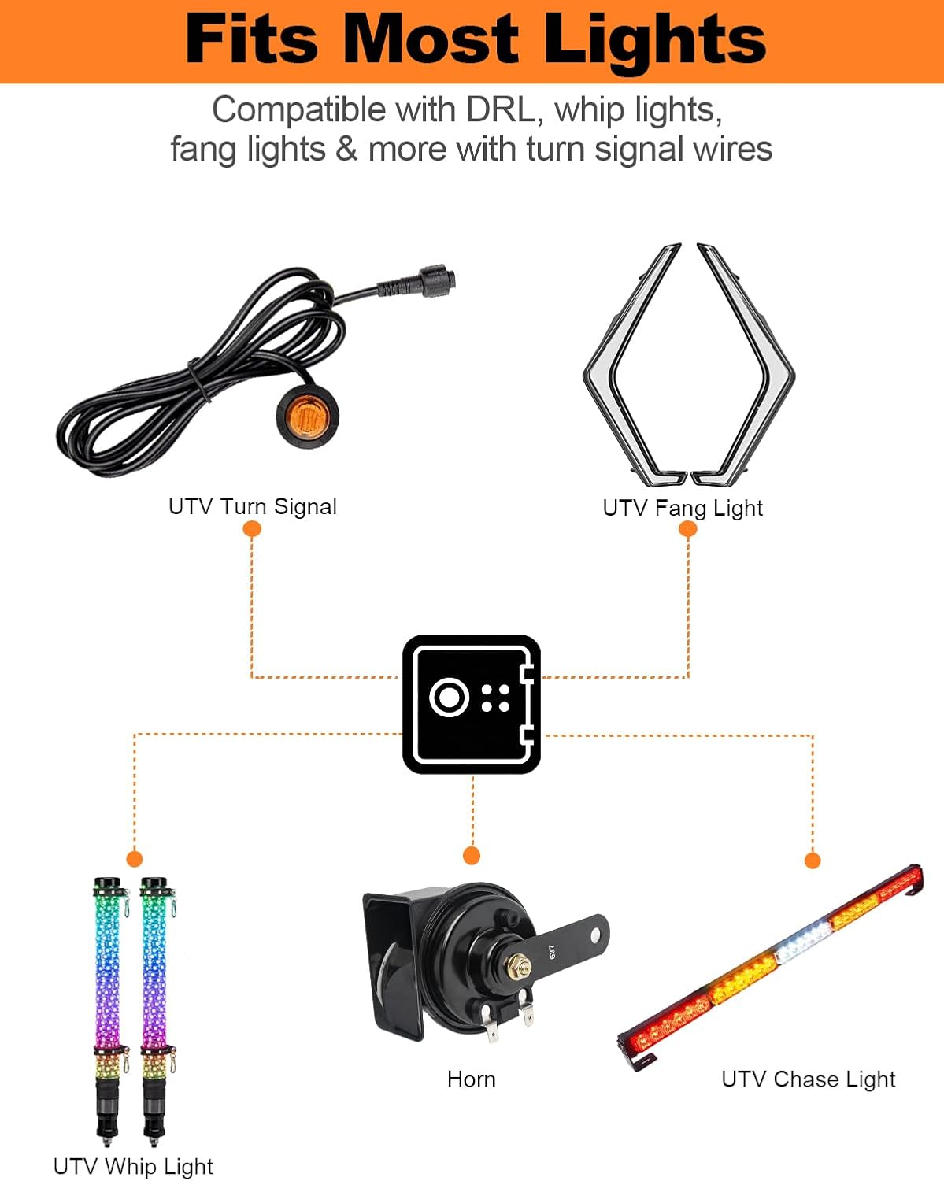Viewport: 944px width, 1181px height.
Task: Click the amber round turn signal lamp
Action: click(306, 413)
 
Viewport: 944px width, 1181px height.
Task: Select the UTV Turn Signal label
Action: click(253, 506)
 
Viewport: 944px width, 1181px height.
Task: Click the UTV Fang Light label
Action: click(683, 508)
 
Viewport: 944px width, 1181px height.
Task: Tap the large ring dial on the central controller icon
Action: click(449, 698)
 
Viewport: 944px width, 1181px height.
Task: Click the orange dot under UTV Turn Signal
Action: click(252, 529)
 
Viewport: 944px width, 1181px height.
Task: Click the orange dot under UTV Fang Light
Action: click(687, 529)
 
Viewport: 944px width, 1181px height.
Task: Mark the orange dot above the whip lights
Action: click(135, 858)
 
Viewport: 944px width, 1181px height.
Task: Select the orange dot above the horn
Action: click(472, 856)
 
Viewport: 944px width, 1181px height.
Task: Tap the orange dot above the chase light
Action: click(813, 861)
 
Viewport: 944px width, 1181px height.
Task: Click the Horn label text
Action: click(472, 1079)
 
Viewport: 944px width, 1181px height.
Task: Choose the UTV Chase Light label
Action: click(809, 1079)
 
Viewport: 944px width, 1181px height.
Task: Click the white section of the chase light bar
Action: click(803, 942)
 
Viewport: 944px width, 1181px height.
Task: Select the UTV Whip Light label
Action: click(133, 1166)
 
